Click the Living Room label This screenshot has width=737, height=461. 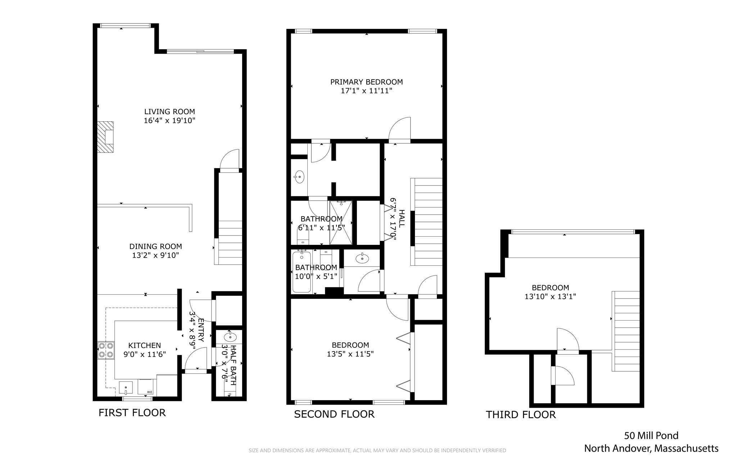point(169,112)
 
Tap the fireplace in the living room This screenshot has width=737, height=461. point(105,137)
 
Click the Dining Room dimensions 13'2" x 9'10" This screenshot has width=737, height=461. point(155,255)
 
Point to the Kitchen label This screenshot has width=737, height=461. point(145,345)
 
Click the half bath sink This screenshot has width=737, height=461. point(230,337)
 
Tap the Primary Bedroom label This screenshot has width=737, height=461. point(366,82)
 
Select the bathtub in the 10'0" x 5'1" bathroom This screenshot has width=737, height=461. point(302,272)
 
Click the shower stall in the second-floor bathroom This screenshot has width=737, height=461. point(340,223)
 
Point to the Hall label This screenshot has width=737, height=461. point(402,219)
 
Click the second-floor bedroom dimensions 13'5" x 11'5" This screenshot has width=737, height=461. point(350,354)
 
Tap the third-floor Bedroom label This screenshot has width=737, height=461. point(550,288)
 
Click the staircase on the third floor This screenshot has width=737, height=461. point(626,331)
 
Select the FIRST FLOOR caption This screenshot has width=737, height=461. point(132,413)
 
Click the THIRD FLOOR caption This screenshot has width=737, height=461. point(521,415)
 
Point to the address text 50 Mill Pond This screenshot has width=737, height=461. point(651,436)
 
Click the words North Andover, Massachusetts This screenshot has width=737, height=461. point(651,449)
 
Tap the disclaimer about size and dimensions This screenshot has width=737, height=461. point(377,451)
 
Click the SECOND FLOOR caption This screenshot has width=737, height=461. point(334,415)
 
